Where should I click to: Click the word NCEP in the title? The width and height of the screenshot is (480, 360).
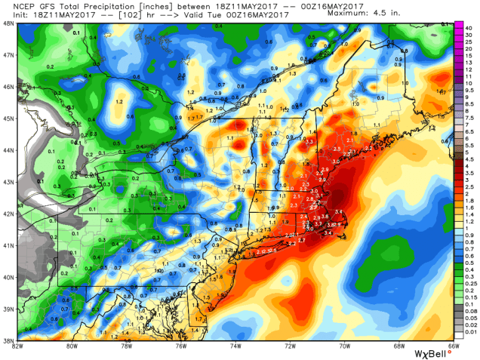[x=15, y=5]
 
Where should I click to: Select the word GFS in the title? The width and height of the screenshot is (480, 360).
[x=35, y=5]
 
